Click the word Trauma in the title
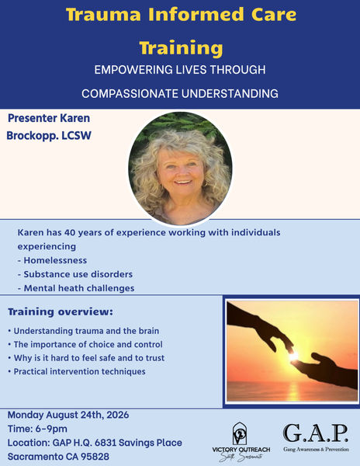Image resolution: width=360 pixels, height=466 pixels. [103, 14]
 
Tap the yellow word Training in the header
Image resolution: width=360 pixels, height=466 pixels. [181, 48]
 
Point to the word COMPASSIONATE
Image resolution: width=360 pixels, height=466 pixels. [130, 94]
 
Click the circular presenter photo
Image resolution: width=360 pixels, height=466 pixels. [181, 169]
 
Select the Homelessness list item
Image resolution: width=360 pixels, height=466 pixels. [52, 260]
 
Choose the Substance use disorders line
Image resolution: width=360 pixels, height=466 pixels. [75, 274]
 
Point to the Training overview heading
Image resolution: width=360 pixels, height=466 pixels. [61, 311]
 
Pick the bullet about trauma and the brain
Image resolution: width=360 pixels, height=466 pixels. [84, 331]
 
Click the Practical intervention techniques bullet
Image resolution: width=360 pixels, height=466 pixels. [77, 371]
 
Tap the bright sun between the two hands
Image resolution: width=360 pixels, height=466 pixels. [293, 356]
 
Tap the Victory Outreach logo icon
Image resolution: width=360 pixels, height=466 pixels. [240, 433]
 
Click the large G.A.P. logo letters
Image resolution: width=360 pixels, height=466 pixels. [316, 433]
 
